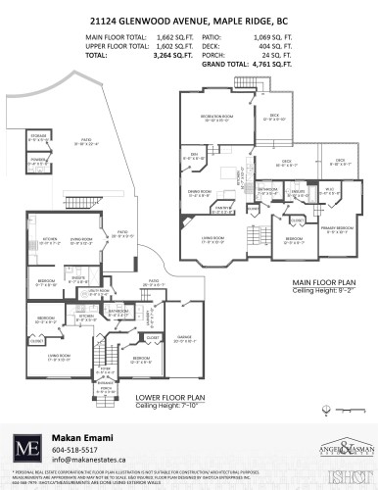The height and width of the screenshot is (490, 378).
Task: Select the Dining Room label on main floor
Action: (200, 192)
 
